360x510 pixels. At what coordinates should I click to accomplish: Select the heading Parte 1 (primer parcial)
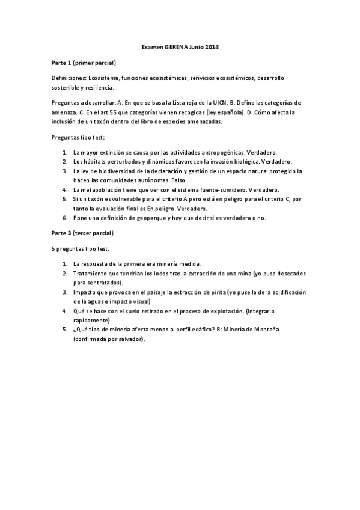[x=83, y=63]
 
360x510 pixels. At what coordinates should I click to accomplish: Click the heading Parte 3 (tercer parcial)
[x=82, y=232]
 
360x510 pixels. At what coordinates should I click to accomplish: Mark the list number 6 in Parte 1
[x=64, y=218]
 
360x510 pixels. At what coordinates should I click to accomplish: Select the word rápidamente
[x=91, y=319]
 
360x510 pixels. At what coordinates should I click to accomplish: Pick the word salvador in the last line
[x=130, y=339]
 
